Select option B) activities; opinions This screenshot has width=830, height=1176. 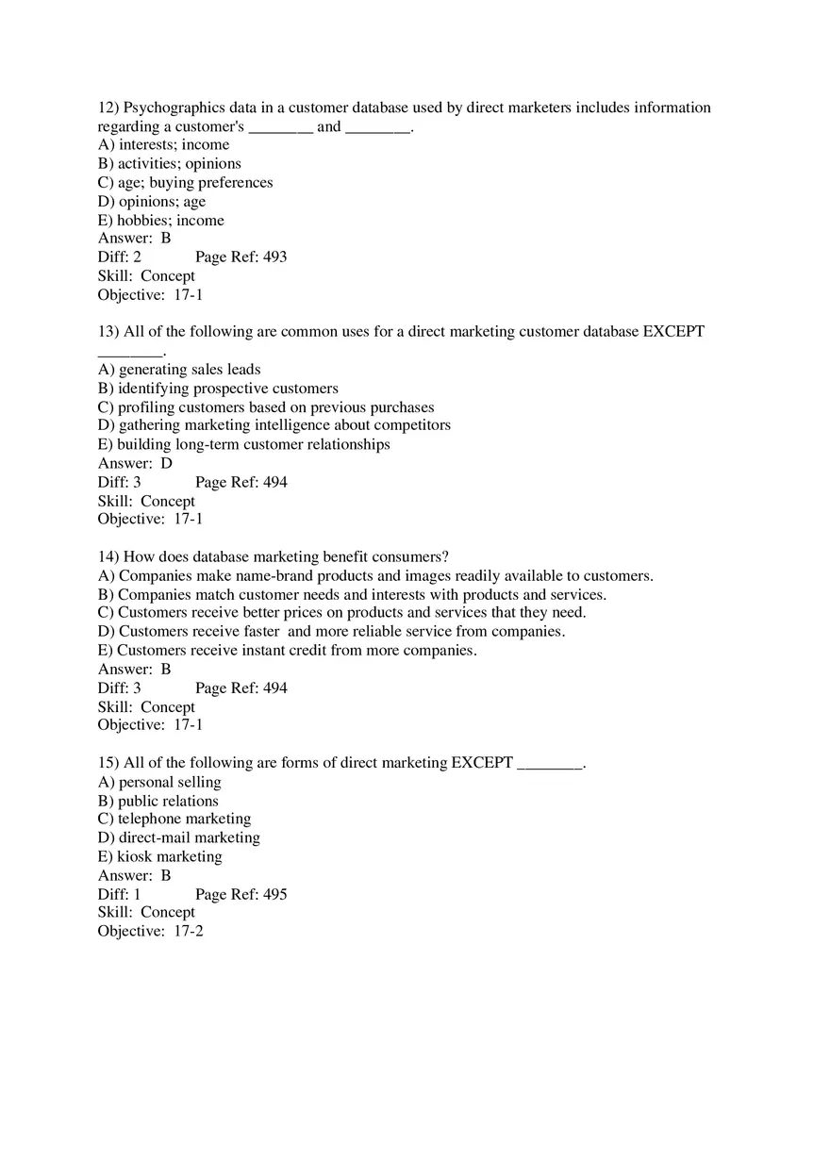(169, 163)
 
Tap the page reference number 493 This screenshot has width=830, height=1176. (274, 257)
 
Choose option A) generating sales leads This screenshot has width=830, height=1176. (179, 370)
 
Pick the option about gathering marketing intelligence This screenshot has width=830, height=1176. (274, 425)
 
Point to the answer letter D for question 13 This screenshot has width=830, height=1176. (166, 463)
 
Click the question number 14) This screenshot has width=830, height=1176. (108, 556)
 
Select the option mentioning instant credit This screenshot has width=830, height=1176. (287, 650)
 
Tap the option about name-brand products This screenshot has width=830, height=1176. (375, 575)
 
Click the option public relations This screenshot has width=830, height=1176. (158, 801)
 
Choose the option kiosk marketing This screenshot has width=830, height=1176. (159, 856)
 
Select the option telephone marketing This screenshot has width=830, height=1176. (174, 819)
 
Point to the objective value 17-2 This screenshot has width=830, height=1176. (189, 931)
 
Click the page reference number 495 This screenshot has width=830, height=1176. (274, 894)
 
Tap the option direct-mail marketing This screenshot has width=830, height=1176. (178, 837)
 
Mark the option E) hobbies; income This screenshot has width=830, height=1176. (160, 220)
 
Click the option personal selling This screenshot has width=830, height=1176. (159, 782)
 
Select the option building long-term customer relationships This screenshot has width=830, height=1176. (243, 444)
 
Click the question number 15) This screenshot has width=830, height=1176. (108, 763)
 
